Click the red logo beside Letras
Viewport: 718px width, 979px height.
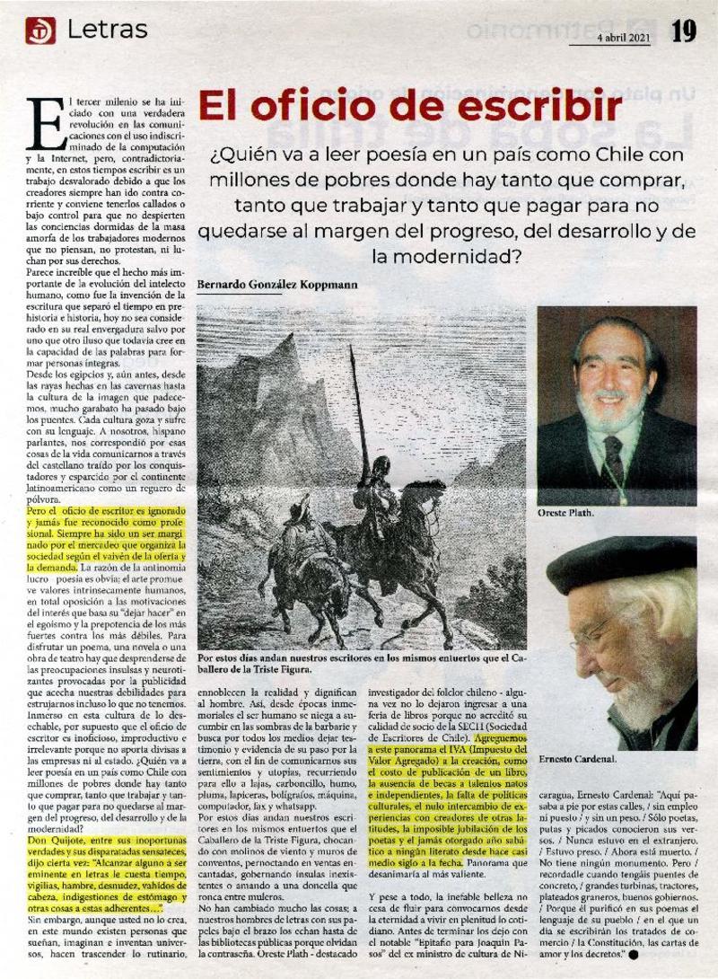40,32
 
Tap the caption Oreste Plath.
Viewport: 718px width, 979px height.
567,514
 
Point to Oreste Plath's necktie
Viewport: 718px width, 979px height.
614,458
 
